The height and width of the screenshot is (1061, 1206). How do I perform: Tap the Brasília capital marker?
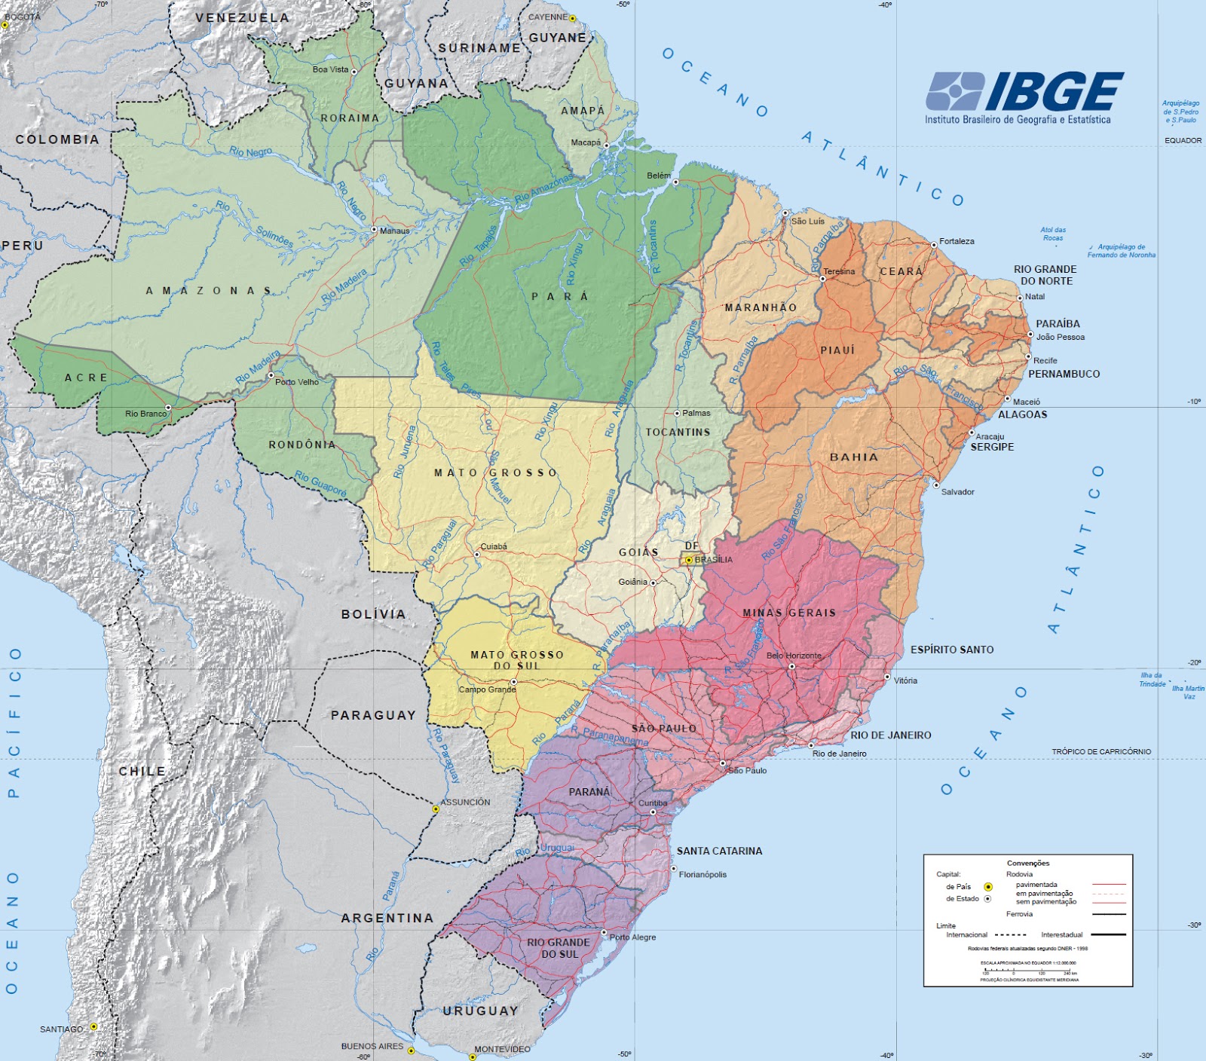688,560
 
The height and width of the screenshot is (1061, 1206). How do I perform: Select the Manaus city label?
394,231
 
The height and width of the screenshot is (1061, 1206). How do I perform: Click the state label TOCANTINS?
678,432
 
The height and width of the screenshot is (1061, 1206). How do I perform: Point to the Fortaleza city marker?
933,244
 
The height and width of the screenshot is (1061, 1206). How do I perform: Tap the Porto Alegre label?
632,937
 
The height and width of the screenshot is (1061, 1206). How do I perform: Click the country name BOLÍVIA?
373,614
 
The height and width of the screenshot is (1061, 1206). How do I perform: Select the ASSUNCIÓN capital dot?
436,809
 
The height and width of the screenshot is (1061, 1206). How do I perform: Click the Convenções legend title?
1027,863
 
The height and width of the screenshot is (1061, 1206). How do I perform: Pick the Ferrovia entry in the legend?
1019,913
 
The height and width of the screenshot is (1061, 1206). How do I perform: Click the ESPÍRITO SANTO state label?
951,649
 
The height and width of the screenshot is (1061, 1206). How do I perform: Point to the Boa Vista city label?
330,69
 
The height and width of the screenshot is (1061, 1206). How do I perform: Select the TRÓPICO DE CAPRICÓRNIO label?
1100,751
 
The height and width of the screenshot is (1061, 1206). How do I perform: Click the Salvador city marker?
936,485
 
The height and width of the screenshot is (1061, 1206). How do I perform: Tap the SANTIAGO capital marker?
93,1026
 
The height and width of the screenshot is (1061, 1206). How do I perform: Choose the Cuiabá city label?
494,546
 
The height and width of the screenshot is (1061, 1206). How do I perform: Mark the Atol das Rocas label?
1052,234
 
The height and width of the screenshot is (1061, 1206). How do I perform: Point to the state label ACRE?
86,378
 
